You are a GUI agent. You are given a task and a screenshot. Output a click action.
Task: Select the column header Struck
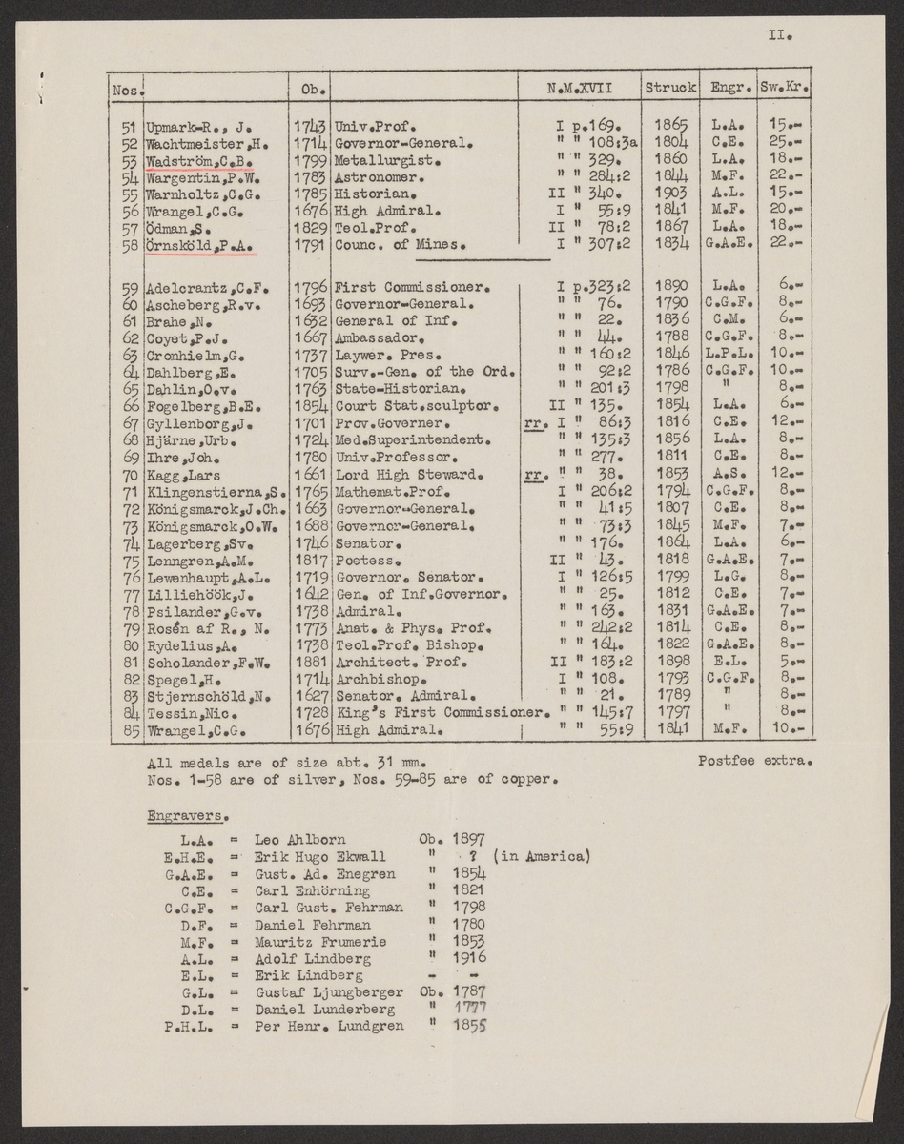pos(670,89)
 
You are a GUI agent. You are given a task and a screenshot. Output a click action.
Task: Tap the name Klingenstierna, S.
pos(216,492)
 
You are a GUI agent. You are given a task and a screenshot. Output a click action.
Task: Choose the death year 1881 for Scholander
pos(311,664)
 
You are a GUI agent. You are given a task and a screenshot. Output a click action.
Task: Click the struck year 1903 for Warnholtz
pos(670,194)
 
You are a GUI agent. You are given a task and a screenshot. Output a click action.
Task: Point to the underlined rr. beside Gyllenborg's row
pos(535,423)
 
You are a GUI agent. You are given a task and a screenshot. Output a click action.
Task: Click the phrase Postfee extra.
pos(753,760)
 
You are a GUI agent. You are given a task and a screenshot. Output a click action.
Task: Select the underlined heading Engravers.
pos(187,816)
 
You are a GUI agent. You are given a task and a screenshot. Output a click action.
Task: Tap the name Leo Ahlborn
pos(300,840)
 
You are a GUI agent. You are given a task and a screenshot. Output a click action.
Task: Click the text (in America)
pos(544,857)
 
